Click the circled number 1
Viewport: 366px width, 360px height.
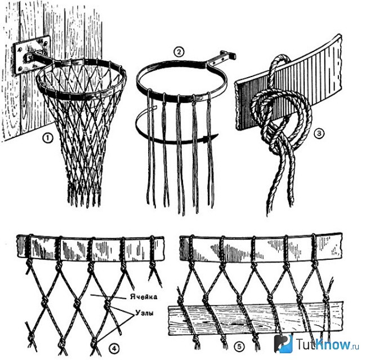(x=48, y=138)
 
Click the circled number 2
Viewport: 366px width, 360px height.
(x=179, y=52)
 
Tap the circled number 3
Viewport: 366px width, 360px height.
(x=319, y=133)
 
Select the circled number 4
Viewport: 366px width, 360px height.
(x=114, y=349)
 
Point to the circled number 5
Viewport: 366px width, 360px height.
(x=239, y=346)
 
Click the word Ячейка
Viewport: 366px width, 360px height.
(x=144, y=297)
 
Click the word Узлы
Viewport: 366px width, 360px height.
(x=145, y=313)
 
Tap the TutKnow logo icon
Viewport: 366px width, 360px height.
(x=283, y=344)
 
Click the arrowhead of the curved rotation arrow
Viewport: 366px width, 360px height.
(x=212, y=138)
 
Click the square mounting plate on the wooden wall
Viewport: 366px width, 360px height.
(x=32, y=55)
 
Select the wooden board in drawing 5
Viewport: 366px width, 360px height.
(x=256, y=319)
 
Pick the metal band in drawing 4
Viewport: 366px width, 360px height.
(x=91, y=248)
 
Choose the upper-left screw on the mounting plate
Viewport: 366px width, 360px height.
(x=20, y=49)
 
